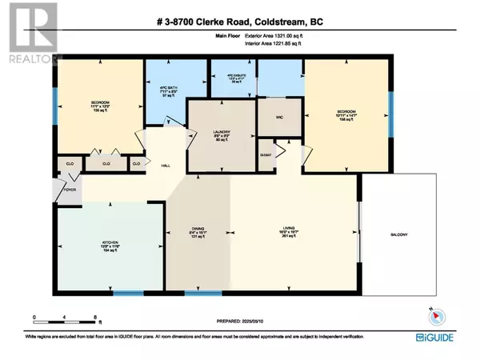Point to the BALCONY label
pyautogui.click(x=399, y=234)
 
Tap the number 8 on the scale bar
pyautogui.click(x=95, y=318)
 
